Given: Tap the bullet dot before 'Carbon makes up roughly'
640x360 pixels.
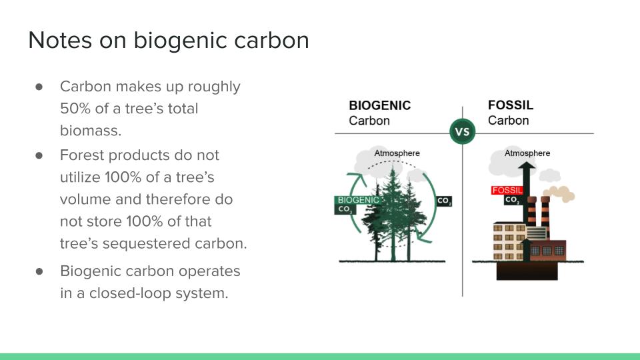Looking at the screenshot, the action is pos(39,87).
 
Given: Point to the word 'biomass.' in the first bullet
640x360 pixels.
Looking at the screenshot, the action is pos(91,131).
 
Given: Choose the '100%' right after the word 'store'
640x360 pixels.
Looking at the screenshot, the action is pos(145,221).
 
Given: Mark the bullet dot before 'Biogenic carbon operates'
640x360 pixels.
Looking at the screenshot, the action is pos(39,271).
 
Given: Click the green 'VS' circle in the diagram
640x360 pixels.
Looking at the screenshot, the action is pos(463,131).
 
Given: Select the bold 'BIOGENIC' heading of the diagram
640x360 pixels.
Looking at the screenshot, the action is pos(379,105).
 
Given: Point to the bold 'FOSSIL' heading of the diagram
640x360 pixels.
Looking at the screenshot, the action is pos(511,105).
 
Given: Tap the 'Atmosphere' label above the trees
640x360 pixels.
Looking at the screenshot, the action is pos(397,153).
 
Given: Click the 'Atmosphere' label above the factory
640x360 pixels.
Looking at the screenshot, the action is pos(527,153).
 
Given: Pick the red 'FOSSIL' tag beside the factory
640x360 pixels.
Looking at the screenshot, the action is pos(507,190).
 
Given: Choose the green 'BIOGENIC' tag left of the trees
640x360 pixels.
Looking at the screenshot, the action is pos(359,200).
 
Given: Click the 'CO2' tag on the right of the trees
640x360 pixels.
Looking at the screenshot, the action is pos(444,201).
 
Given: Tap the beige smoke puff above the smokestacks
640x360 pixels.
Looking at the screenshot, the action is pos(560,194).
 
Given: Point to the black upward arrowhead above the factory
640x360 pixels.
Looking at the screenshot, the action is pos(527,166).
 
